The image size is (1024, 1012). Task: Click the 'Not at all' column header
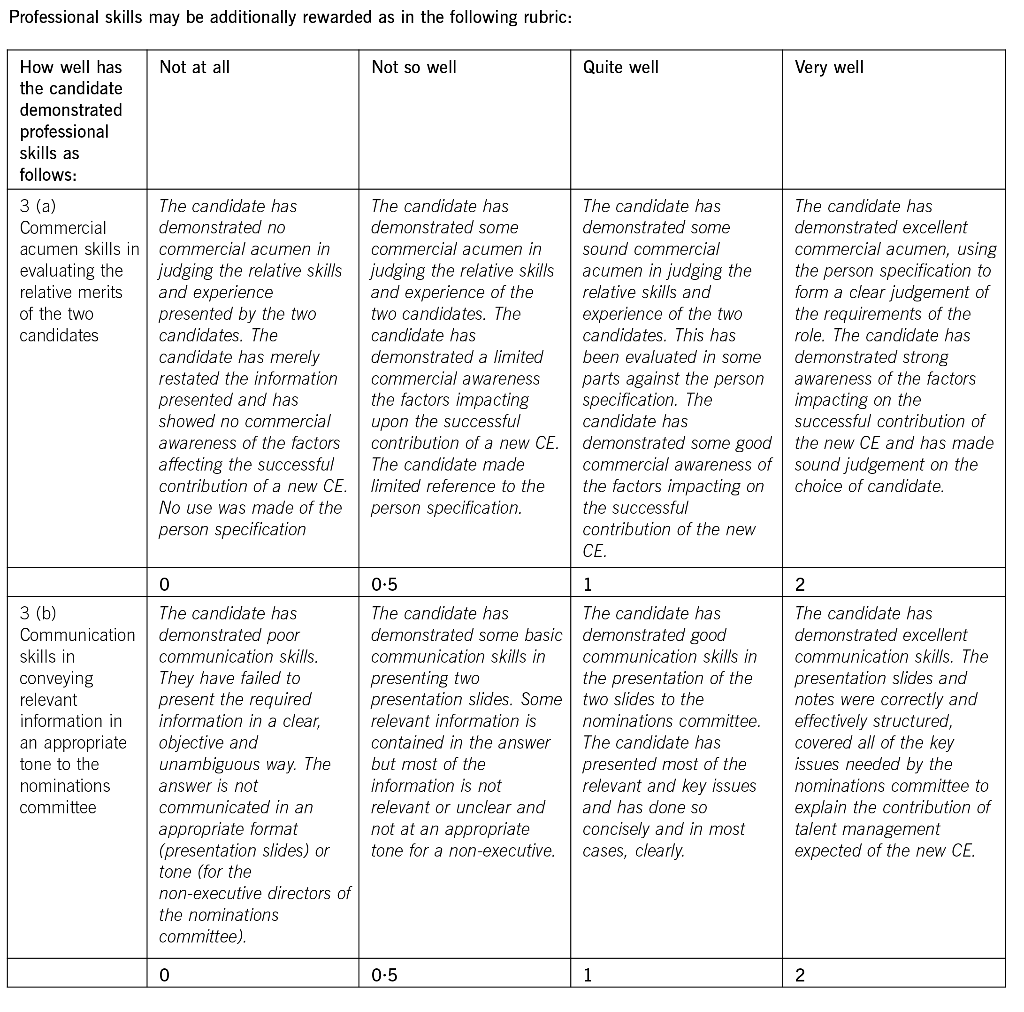194,67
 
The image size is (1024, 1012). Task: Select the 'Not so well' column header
413,67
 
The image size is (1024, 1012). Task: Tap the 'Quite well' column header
620,67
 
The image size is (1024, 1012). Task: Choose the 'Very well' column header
829,67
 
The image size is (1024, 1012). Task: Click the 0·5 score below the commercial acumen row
384,585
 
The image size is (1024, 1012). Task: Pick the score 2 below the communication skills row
800,975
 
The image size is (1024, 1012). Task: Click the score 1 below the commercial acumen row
587,585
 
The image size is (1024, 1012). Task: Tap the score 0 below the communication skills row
164,975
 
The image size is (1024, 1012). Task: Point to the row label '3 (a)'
38,206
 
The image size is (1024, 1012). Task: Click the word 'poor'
282,635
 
